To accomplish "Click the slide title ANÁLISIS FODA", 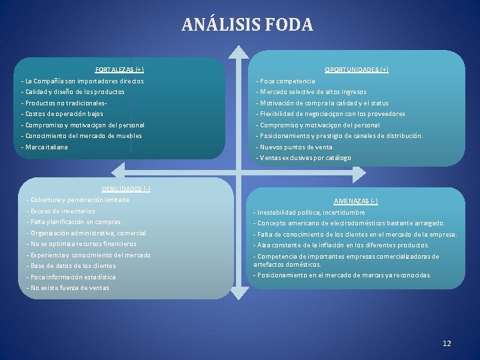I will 247,25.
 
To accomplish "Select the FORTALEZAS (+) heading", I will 119,69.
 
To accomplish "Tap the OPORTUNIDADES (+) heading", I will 356,69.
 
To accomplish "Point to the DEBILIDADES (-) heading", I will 126,189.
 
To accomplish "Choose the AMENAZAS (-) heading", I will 356,201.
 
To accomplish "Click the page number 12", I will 447,343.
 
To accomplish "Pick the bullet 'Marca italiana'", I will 45,147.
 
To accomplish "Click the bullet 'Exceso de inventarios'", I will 61,211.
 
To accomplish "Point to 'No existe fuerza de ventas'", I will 68,288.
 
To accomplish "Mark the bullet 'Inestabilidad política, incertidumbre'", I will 309,212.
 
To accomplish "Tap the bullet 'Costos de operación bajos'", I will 63,114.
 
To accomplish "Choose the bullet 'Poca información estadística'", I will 71,277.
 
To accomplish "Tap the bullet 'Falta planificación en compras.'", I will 75,221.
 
